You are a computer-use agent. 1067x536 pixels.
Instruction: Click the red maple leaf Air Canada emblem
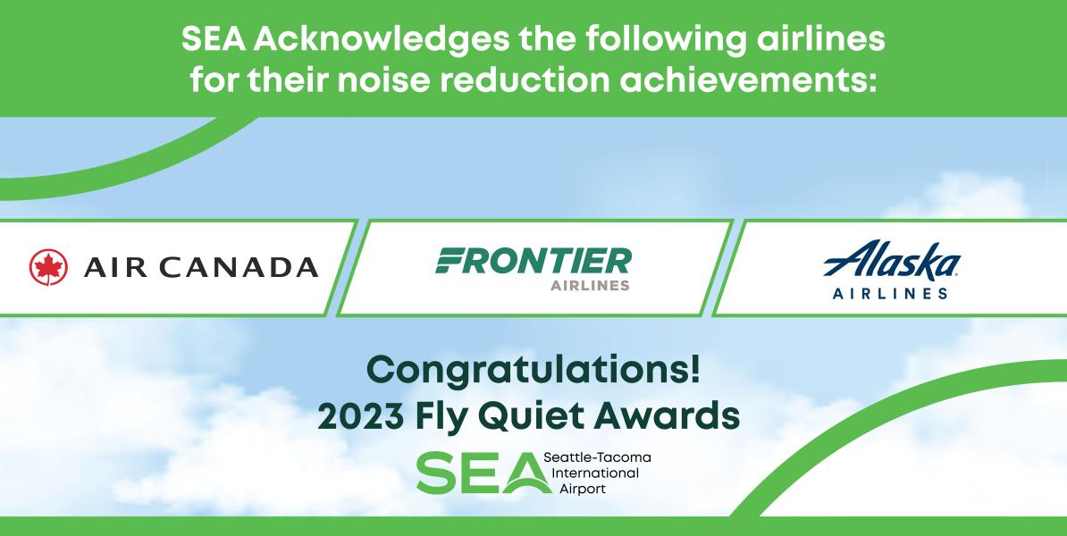coord(48,267)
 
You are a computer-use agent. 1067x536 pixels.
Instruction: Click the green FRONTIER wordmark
coord(533,261)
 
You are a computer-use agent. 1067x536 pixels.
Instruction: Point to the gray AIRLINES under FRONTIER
coord(590,286)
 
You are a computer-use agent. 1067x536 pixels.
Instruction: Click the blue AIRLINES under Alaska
coord(890,294)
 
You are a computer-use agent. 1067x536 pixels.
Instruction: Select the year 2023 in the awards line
coord(361,416)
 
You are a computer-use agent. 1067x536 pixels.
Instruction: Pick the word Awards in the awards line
coord(667,416)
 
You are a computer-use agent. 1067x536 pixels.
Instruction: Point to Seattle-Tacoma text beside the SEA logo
coord(597,457)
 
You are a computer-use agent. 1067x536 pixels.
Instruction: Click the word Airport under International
coord(582,489)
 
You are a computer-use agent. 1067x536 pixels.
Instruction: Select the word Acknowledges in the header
coord(382,40)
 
